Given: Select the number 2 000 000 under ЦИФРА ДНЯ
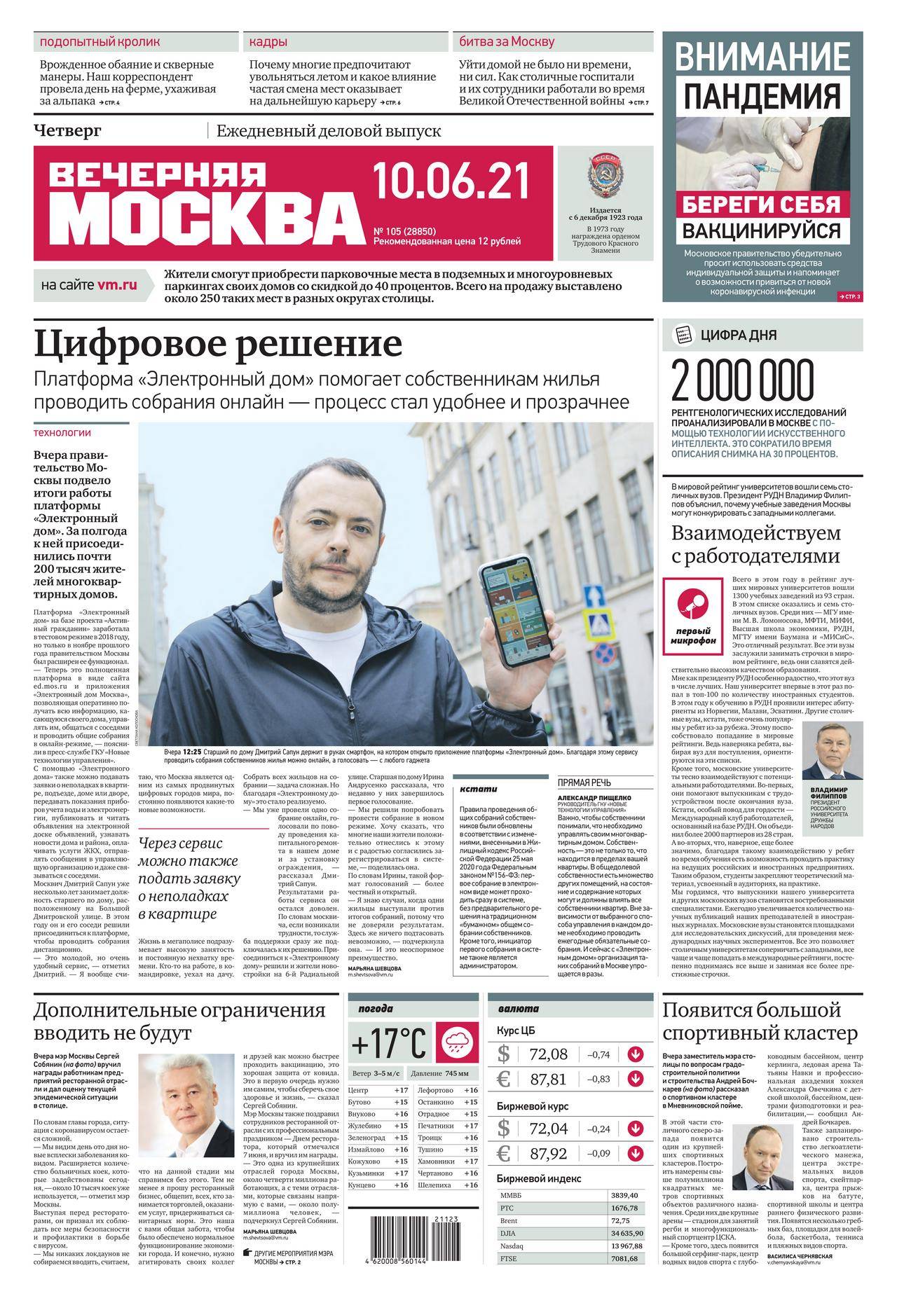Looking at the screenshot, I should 744,381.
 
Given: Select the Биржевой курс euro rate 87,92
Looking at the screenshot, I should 549,1153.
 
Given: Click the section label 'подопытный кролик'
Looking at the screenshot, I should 100,42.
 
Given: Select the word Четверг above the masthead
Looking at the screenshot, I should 67,130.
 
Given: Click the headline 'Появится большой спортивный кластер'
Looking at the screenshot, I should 760,1021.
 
